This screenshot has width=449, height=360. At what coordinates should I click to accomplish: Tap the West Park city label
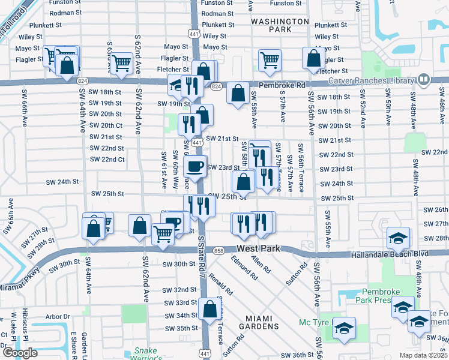[x=259, y=248]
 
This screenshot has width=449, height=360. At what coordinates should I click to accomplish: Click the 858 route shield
[x=218, y=250]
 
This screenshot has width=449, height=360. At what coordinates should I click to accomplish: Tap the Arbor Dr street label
[x=58, y=316]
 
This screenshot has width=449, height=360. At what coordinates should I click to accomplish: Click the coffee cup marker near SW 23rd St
[x=195, y=166]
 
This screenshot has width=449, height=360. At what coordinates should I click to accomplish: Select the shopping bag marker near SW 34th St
[x=210, y=309]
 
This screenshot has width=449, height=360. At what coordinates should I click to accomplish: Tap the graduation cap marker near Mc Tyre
[x=344, y=328]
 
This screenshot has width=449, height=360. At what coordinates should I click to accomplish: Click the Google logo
[x=20, y=353]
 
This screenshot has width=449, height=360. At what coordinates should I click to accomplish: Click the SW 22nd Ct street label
[x=107, y=160]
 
